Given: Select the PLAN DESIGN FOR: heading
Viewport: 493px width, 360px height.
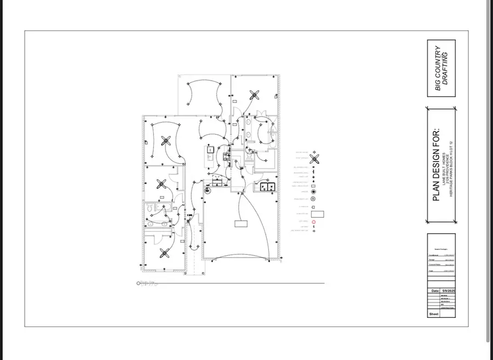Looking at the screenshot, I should [437, 164].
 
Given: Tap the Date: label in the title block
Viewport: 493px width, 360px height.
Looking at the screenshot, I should [434, 290].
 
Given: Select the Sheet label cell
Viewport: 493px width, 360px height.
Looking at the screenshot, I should [433, 315].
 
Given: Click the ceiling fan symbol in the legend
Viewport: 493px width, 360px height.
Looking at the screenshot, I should [314, 159].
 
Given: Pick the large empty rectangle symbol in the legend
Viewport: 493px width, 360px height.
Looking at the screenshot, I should [318, 214].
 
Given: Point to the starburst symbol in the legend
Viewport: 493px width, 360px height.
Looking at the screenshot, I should [314, 192].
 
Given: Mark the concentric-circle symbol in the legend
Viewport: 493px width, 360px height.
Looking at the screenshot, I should [314, 199].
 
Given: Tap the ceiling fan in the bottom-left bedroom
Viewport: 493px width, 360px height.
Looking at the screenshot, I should [164, 253].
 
